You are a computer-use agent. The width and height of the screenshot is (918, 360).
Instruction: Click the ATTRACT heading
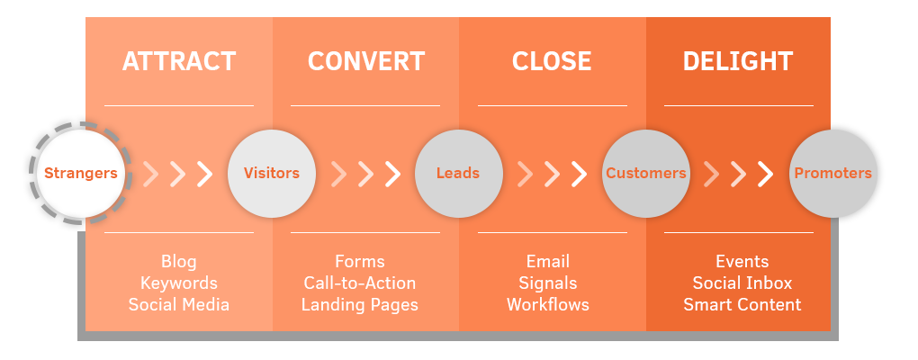point(179,61)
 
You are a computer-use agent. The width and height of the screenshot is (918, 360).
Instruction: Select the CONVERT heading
point(365,61)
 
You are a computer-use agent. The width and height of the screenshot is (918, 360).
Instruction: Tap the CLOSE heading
point(552,61)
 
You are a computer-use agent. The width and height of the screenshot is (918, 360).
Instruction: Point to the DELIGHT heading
point(738,61)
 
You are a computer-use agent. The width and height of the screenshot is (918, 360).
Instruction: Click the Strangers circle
point(81,173)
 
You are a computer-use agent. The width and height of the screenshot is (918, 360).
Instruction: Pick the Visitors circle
point(272,173)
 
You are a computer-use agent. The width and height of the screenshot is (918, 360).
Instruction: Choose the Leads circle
point(458,173)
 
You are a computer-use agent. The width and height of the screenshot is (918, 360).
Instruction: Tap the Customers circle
point(645,173)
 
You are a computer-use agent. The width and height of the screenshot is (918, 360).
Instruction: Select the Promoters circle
point(832,173)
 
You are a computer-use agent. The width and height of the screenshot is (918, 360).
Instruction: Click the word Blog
point(179,262)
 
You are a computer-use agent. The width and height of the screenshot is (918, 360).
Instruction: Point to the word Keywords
point(179,283)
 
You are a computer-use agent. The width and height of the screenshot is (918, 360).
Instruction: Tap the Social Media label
point(179,305)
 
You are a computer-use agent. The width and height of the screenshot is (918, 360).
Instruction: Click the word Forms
point(360,262)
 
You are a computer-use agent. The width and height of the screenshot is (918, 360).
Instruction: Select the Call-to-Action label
point(360,283)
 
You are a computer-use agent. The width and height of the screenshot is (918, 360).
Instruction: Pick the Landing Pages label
point(360,305)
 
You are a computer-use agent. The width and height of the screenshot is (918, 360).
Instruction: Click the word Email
point(548,262)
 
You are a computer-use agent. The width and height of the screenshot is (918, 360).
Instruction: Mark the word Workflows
point(548,305)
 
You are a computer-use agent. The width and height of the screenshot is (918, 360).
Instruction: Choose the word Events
point(742,262)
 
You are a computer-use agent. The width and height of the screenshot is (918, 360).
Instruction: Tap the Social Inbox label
point(742,283)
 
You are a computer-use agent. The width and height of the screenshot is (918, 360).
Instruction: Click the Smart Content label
point(742,305)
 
